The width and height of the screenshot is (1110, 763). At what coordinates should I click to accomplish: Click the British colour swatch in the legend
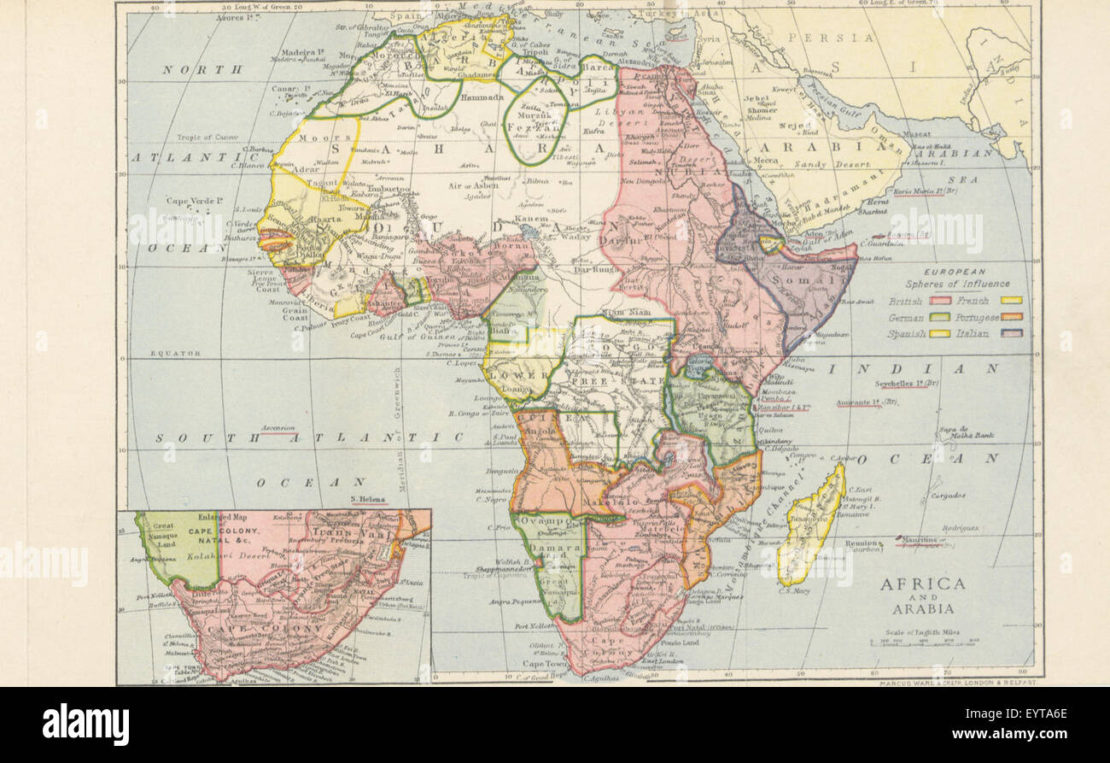point(941,301)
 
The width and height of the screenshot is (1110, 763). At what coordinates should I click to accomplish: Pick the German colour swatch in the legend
point(941,317)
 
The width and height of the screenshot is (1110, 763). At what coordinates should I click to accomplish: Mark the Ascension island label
point(278,428)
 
